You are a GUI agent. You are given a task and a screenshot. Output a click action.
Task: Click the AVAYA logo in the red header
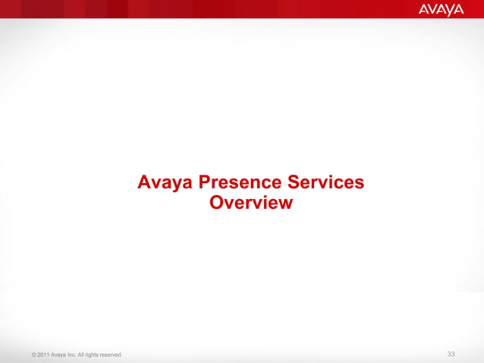coord(440,9)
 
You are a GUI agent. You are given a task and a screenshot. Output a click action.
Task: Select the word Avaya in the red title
coord(162,183)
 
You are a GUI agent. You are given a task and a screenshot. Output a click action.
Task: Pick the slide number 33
coord(451,355)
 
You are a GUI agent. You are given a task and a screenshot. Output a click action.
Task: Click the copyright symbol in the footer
coord(27,355)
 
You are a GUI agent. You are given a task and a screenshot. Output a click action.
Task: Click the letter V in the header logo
coord(431,9)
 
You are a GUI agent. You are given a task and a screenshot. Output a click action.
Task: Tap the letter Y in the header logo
coord(451,9)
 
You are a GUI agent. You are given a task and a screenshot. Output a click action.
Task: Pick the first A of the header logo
coord(422,9)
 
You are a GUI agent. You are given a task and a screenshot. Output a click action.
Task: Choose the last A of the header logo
coord(460,9)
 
